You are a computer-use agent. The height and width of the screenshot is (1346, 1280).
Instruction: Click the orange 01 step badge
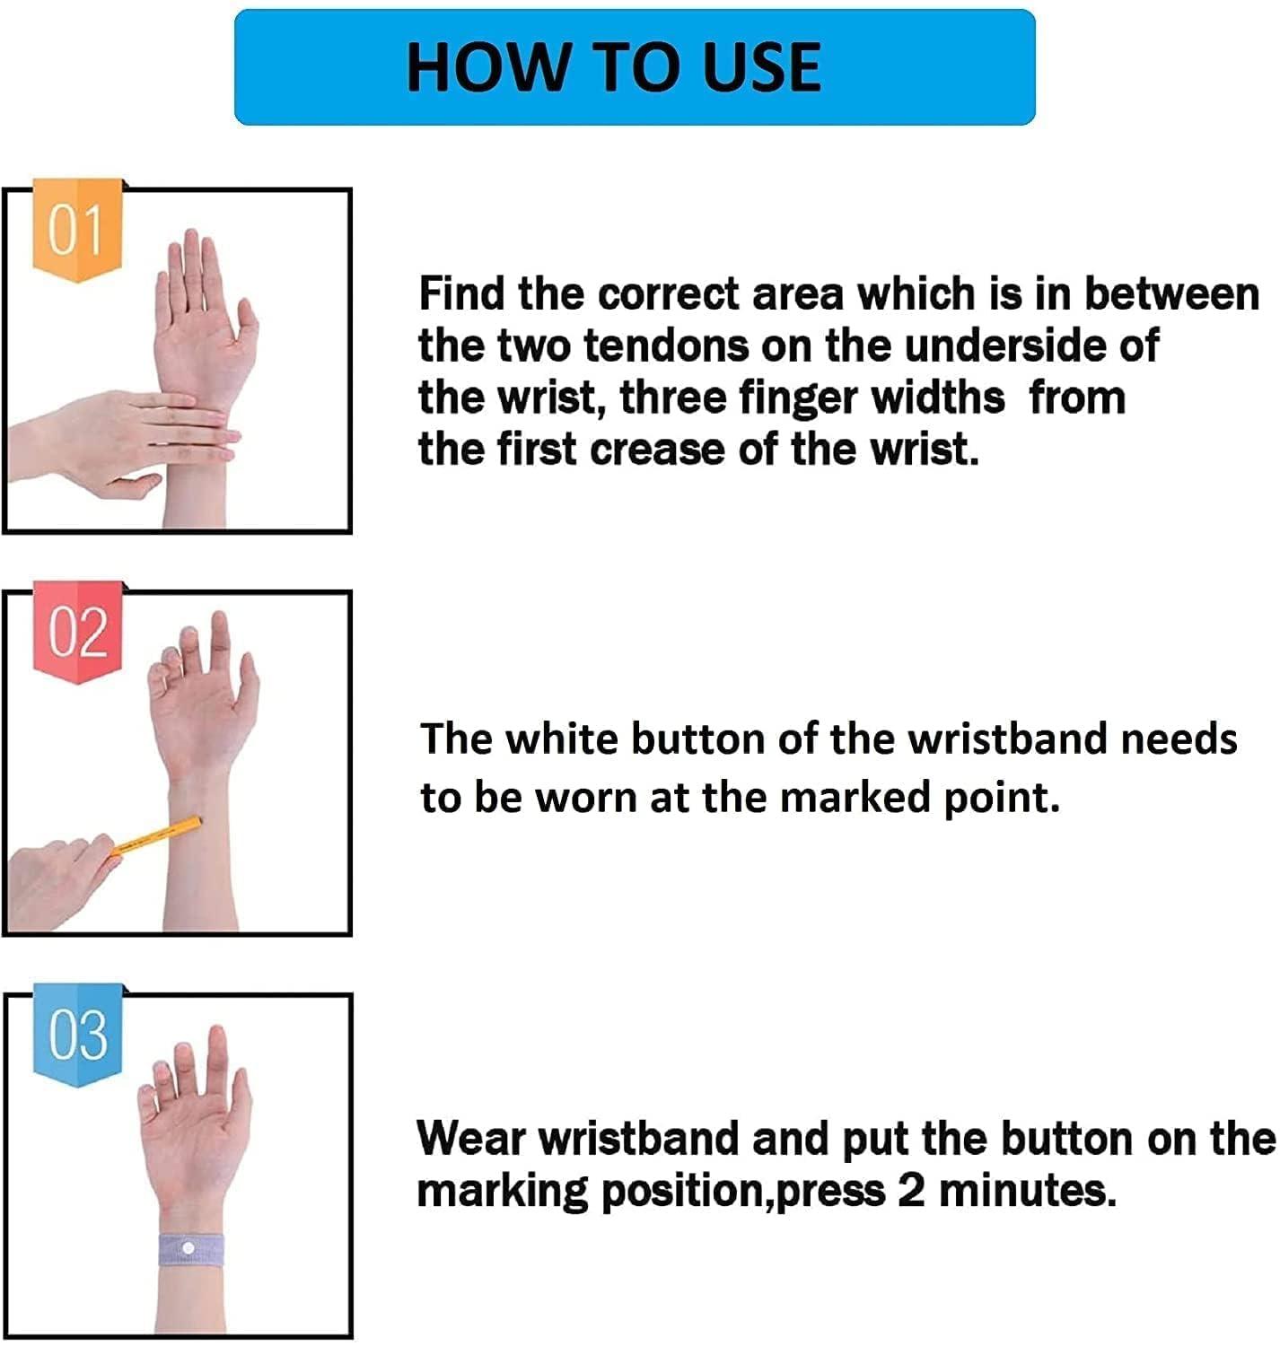(77, 230)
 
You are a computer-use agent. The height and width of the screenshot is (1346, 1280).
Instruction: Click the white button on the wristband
(188, 1249)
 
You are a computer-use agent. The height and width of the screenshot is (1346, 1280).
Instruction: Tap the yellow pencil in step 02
(157, 837)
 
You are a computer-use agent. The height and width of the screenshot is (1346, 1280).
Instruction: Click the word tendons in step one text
(666, 345)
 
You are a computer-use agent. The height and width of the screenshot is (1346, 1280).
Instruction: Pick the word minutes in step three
(1027, 1192)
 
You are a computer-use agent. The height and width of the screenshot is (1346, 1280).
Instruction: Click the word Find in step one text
(460, 293)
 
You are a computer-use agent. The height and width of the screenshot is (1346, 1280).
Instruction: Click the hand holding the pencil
(62, 882)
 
